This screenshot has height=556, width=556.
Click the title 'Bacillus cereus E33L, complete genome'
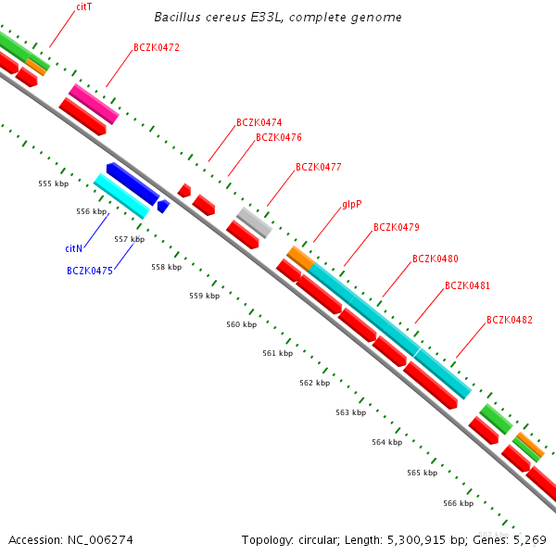click(278, 18)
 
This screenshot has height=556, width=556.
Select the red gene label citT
click(84, 6)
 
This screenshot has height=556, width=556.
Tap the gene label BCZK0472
click(157, 47)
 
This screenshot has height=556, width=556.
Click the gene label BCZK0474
click(259, 122)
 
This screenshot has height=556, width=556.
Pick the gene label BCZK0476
click(279, 137)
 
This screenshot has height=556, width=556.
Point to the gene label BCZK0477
click(319, 168)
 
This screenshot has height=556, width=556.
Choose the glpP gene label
click(351, 203)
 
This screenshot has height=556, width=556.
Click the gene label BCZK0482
click(510, 321)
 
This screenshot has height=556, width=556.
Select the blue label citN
click(74, 248)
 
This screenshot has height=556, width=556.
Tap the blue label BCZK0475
click(90, 271)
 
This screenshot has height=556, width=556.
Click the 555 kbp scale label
click(54, 183)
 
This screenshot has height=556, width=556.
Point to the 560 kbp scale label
click(242, 324)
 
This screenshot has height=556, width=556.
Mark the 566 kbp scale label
click(458, 503)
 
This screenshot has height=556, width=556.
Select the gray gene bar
click(254, 222)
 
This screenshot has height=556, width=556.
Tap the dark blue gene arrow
click(132, 183)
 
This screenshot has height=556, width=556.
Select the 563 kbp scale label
click(350, 412)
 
